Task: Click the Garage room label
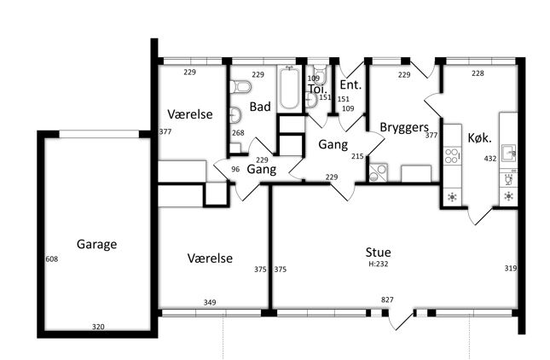96,244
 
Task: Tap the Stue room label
378,253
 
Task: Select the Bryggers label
404,127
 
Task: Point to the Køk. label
479,138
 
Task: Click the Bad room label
260,107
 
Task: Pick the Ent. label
350,85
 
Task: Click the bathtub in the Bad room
289,89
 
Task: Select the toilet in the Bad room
240,87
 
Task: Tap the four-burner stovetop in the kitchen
452,156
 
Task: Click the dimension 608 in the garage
51,259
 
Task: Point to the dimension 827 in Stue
387,299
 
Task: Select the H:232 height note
378,264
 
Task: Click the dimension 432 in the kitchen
490,159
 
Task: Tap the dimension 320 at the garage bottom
98,327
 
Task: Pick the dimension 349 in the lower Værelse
210,302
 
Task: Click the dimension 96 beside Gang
235,169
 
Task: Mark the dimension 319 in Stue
511,269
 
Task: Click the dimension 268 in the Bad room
238,132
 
